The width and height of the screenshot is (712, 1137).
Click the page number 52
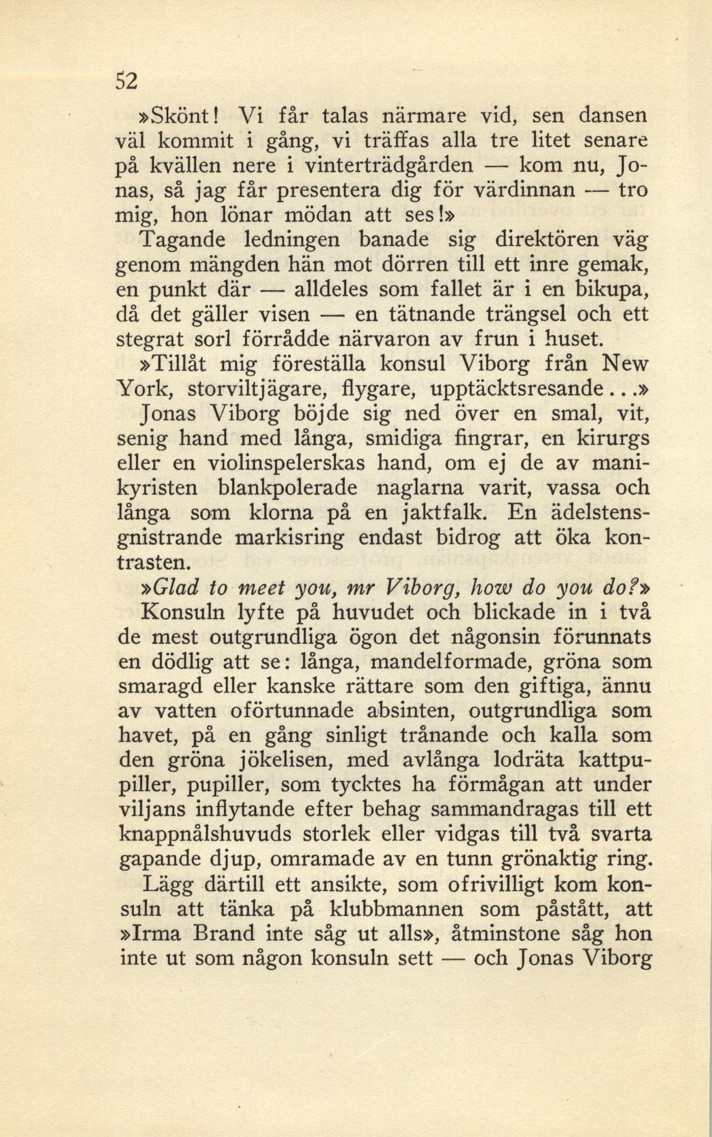coord(125,81)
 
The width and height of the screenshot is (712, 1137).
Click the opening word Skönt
coord(175,116)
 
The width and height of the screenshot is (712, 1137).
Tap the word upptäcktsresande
coord(515,388)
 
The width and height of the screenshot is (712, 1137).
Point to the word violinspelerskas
coord(287,463)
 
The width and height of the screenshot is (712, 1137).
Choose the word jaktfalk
coord(443,513)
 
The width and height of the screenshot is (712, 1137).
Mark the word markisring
coord(289,538)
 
